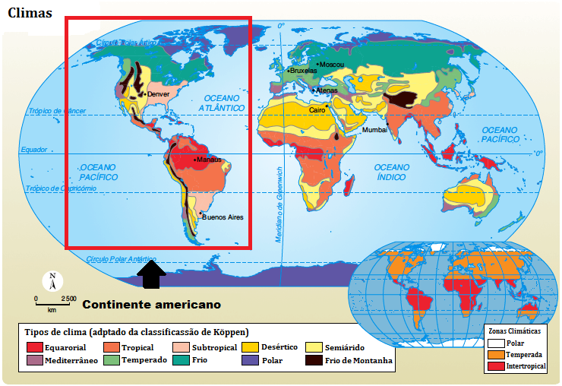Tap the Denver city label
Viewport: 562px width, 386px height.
[x=158, y=94]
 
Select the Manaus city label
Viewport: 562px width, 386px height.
[x=209, y=160]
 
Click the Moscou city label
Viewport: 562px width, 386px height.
[x=331, y=65]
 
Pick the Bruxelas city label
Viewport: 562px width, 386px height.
[x=302, y=71]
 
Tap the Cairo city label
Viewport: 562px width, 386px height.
[x=317, y=110]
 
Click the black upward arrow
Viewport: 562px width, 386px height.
[x=153, y=274]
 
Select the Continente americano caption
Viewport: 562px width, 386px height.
[x=151, y=305]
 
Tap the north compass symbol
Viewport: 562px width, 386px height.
[x=52, y=281]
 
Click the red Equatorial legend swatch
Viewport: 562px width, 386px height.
[x=34, y=347]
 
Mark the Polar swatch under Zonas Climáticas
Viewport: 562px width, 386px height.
[x=494, y=343]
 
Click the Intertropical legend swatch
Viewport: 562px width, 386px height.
[x=494, y=367]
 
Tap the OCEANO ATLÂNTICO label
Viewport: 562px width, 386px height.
[x=221, y=103]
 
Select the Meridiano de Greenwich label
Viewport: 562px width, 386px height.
[x=279, y=205]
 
